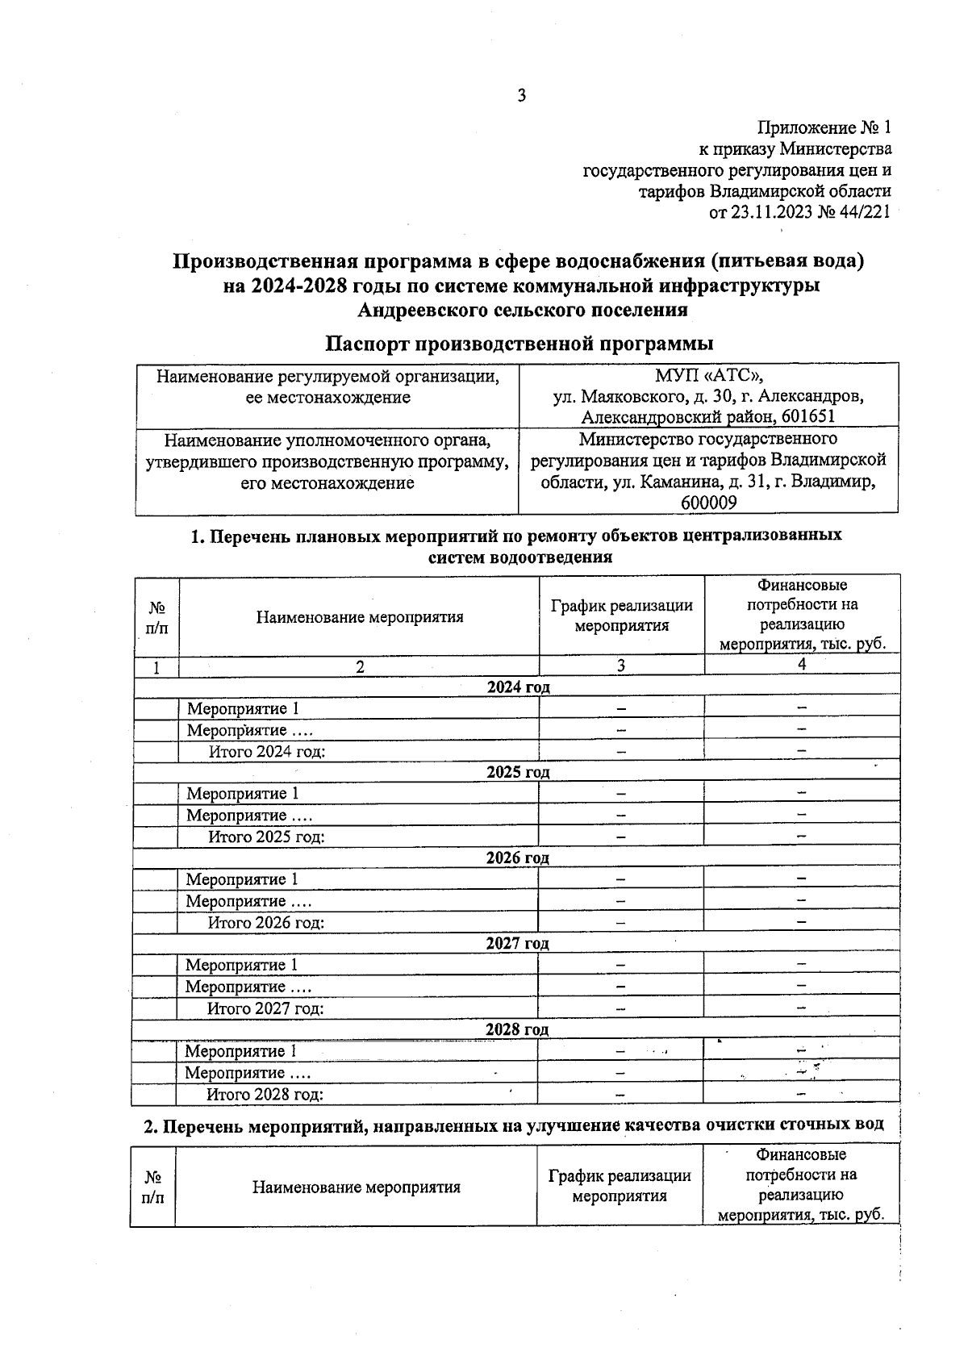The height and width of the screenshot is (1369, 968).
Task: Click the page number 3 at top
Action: pos(521,96)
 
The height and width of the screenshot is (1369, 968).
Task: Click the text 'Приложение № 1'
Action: pos(824,127)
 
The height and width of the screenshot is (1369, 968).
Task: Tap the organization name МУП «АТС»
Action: pos(708,376)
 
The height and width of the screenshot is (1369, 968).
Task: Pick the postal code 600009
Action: pos(708,503)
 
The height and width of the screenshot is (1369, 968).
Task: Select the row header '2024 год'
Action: pos(518,687)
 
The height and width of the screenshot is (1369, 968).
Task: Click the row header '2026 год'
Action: pos(517,858)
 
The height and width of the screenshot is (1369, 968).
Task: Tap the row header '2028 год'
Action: pos(516,1029)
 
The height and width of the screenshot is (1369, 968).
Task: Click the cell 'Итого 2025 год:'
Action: pos(266,837)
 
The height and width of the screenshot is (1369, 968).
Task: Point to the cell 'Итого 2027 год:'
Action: pos(265,1008)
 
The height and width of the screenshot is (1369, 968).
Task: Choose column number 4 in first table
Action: pos(802,665)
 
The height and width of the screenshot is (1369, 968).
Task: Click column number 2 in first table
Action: pos(360,667)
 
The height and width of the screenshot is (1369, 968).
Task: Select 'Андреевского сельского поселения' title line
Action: pos(523,309)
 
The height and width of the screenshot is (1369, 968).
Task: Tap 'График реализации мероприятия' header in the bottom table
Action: pos(620,1187)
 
